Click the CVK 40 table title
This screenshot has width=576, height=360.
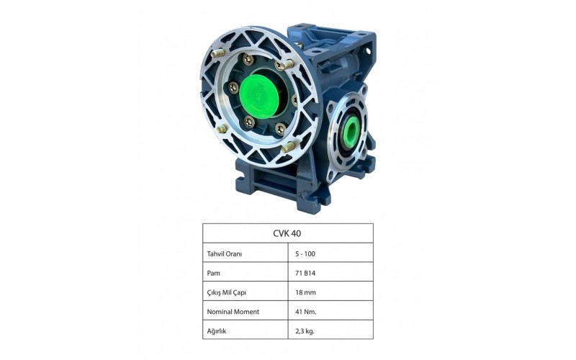point(287,233)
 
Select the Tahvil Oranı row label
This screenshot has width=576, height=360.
point(225,254)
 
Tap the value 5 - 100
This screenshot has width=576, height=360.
point(305,254)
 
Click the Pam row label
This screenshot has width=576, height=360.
point(213,274)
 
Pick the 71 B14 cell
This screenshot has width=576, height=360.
point(305,274)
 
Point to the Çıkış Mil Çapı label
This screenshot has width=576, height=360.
point(226,293)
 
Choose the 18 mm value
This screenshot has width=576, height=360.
point(305,293)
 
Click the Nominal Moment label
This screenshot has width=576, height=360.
point(233,312)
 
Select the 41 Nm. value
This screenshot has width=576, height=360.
point(305,312)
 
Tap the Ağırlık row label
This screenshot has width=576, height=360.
point(217,331)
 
